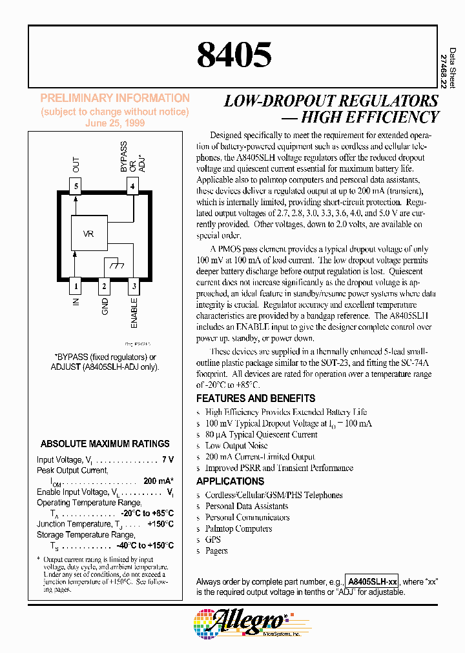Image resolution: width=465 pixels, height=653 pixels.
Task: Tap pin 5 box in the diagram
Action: point(76,188)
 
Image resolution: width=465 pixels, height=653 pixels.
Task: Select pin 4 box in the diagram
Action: point(132,188)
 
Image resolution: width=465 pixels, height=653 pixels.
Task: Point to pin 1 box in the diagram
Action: point(76,285)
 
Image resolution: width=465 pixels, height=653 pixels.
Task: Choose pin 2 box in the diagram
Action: point(105,285)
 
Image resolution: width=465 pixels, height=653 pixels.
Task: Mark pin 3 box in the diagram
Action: point(133,285)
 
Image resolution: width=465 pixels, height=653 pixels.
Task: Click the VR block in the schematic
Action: point(89,234)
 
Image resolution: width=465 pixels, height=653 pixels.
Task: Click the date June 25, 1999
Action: point(115,123)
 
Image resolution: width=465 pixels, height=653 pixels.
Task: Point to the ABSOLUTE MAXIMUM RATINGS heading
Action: point(105,444)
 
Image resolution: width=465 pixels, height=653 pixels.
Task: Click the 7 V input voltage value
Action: point(168,459)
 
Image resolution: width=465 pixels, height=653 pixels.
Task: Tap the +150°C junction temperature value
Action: point(160,524)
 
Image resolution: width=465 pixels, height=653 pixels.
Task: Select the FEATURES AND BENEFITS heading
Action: point(256,398)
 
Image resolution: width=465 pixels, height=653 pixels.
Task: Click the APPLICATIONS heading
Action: point(230,481)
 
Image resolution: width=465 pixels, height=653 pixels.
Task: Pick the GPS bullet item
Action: point(213,539)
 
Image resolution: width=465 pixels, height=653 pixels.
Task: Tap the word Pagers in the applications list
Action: point(216,550)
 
